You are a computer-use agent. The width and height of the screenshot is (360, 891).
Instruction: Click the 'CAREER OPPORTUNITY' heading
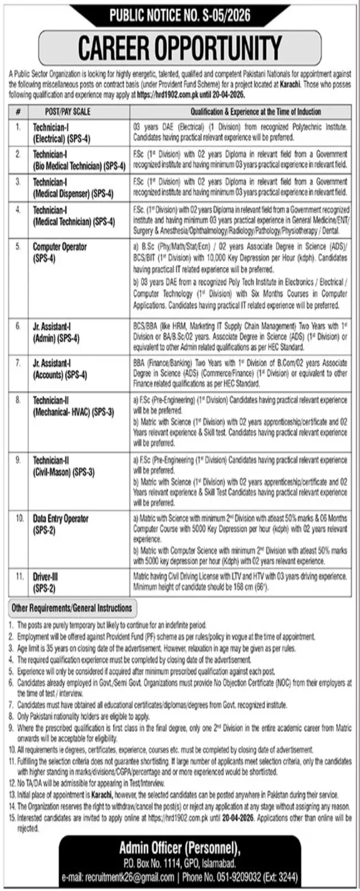pyautogui.click(x=180, y=48)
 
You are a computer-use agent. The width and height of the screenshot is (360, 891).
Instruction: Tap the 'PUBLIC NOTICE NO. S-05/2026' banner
pyautogui.click(x=180, y=16)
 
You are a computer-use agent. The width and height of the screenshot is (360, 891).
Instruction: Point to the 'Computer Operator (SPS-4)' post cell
pyautogui.click(x=59, y=252)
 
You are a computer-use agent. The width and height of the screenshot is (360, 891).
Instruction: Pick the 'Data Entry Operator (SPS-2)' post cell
pyautogui.click(x=60, y=524)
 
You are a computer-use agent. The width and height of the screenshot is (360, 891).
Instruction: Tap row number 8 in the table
pyautogui.click(x=18, y=400)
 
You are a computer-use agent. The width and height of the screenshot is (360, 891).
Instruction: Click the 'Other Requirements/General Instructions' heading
pyautogui.click(x=72, y=608)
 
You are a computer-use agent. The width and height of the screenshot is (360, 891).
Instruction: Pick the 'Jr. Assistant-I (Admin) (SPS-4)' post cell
pyautogui.click(x=55, y=333)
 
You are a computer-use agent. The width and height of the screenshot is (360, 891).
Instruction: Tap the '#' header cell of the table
pyautogui.click(x=18, y=111)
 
